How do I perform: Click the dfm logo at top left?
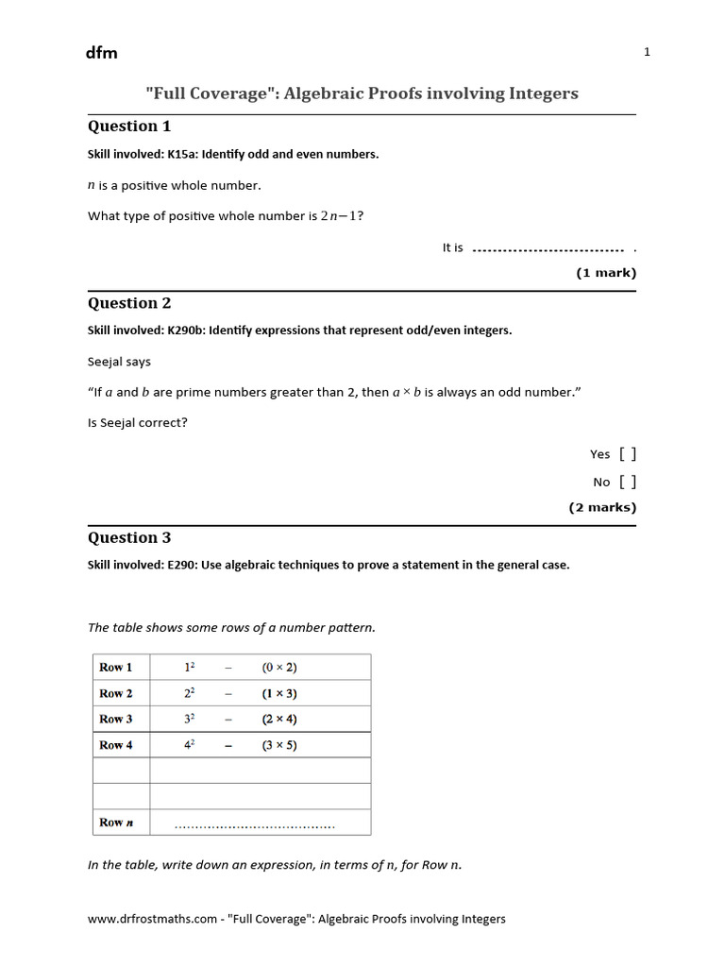tap(102, 53)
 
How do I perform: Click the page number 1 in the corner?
tap(647, 52)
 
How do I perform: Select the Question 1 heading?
tap(129, 127)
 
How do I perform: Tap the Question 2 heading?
tap(129, 303)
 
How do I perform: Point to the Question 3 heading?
tap(129, 537)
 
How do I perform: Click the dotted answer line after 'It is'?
tap(548, 250)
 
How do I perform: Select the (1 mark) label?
tap(606, 273)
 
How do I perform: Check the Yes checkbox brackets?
tap(628, 454)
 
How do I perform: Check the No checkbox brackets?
tap(628, 482)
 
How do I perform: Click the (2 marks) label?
tap(602, 507)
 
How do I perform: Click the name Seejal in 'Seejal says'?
tap(106, 362)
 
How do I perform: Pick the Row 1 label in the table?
tap(116, 668)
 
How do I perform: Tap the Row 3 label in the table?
tap(116, 719)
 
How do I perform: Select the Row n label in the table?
tap(116, 823)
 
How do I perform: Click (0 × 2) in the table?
tap(279, 668)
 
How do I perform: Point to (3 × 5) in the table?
tap(279, 745)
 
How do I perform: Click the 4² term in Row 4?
tap(189, 744)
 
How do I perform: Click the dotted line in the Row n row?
tap(255, 826)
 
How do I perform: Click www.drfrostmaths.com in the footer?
tap(153, 919)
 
